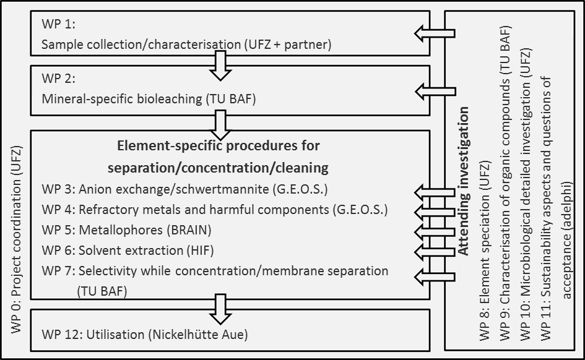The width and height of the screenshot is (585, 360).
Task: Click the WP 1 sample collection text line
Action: click(x=186, y=45)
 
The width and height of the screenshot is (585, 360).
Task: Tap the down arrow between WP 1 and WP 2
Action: click(x=220, y=65)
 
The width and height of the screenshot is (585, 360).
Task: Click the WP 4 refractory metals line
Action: click(x=214, y=210)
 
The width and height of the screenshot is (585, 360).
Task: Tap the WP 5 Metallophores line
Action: click(x=126, y=230)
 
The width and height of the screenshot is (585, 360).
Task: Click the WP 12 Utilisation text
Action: click(x=144, y=335)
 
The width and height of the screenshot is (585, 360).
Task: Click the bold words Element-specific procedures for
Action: click(x=218, y=147)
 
